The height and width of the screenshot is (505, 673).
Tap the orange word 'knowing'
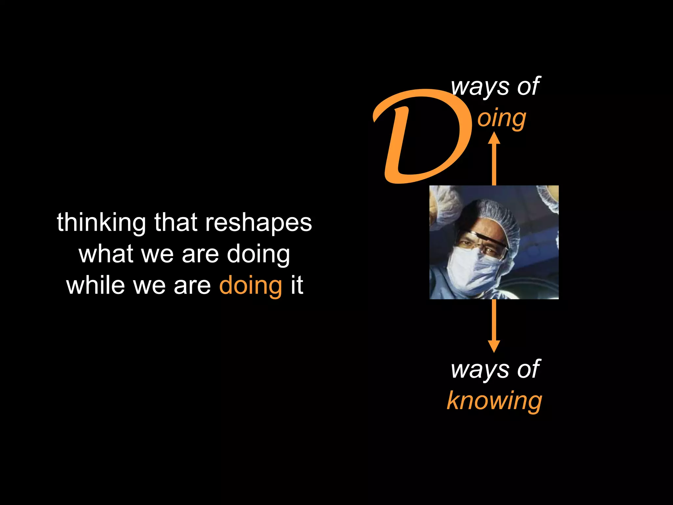tap(494, 401)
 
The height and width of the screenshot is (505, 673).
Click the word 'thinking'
tap(101, 223)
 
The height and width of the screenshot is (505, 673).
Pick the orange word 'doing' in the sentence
tap(250, 285)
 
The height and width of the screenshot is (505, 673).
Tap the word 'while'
tap(95, 285)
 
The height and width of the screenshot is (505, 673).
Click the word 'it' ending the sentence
tap(297, 285)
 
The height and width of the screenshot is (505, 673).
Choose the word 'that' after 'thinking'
tap(176, 223)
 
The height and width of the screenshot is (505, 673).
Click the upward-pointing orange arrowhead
tap(494, 138)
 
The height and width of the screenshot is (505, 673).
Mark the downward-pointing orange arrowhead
tap(494, 346)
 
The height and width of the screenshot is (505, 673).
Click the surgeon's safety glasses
tap(486, 242)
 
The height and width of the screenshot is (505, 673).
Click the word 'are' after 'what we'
tap(200, 254)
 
